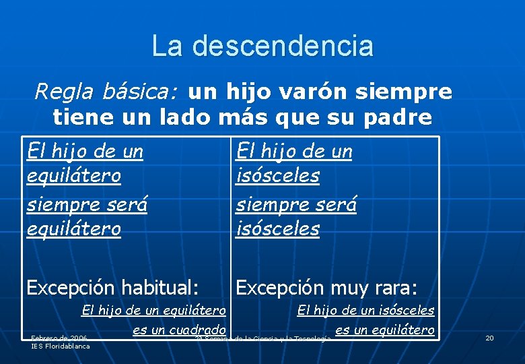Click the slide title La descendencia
[x=262, y=46]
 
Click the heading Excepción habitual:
[x=112, y=288]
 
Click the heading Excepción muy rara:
[x=326, y=288]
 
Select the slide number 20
[x=489, y=338]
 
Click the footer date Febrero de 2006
[x=59, y=338]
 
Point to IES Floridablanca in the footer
[x=60, y=346]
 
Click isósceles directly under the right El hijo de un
[x=277, y=177]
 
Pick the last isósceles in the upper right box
[x=277, y=229]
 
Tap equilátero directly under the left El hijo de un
[x=74, y=177]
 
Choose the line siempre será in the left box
[x=87, y=203]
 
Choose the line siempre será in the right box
[x=295, y=203]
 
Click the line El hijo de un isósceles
[x=365, y=311]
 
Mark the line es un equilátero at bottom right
[x=384, y=330]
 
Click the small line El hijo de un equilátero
[x=153, y=311]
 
